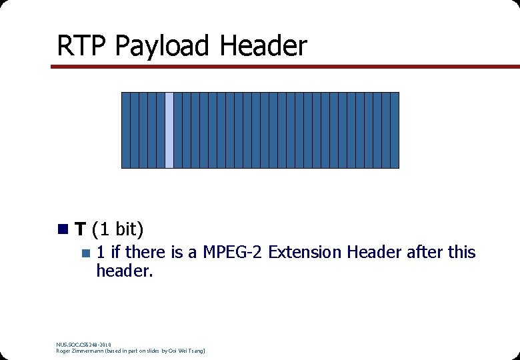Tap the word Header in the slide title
pos(263,46)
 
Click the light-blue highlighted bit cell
pos(169,130)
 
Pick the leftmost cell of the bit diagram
pos(125,130)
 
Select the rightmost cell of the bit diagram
pos(395,130)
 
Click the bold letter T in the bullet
pos(80,230)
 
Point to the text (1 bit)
pos(117,230)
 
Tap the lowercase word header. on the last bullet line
pos(125,271)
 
